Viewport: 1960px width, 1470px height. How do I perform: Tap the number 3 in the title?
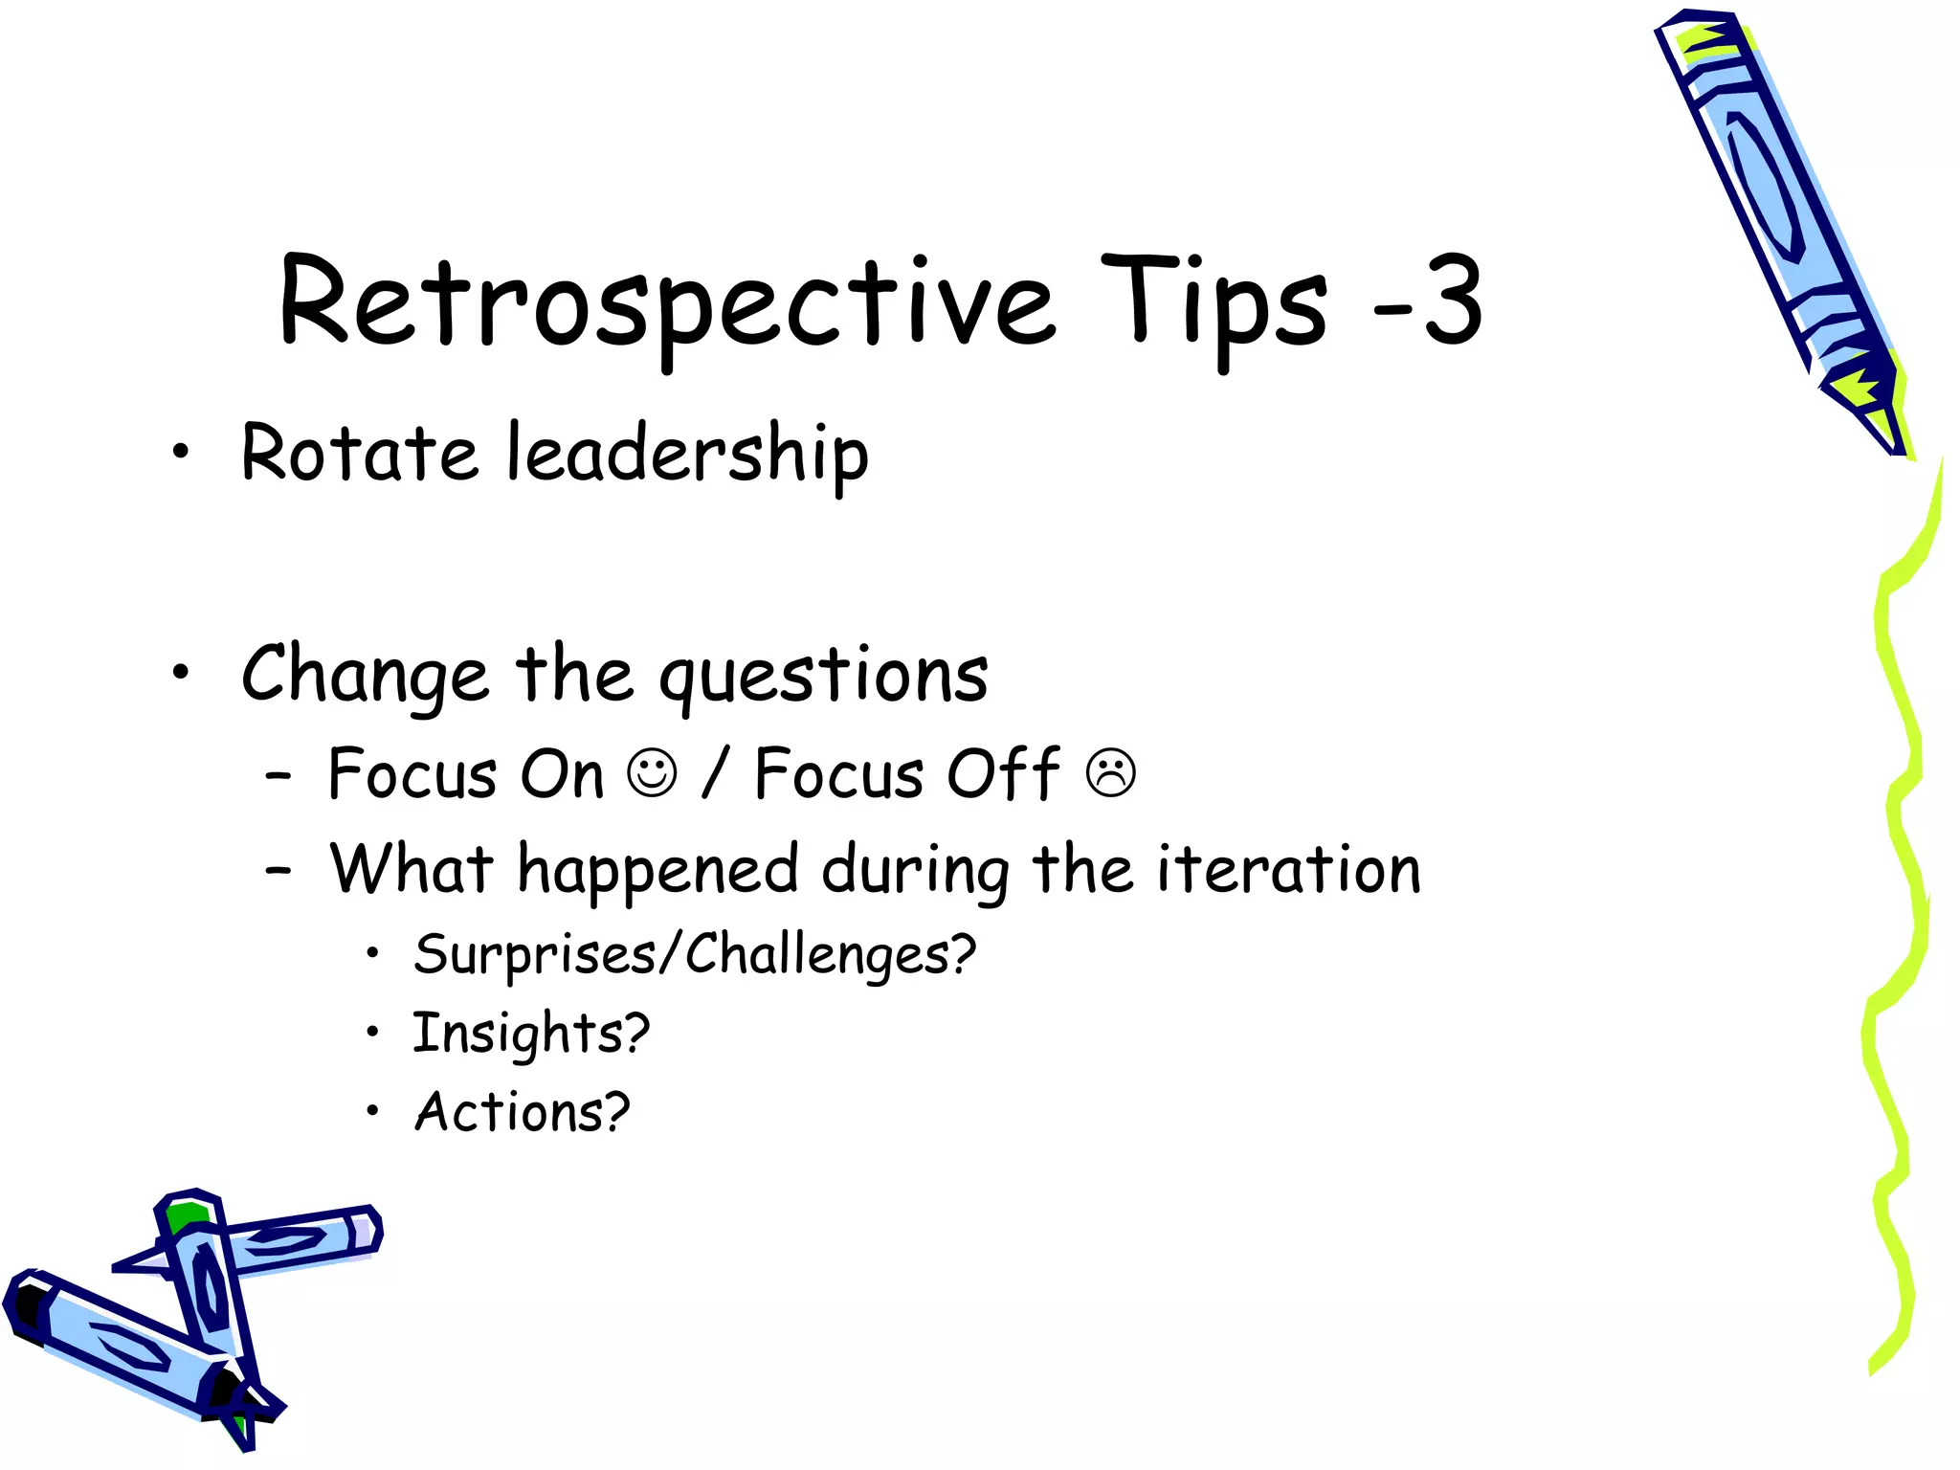tap(1453, 302)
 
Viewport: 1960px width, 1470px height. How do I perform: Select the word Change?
tap(365, 675)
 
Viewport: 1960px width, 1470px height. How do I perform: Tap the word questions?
tap(823, 675)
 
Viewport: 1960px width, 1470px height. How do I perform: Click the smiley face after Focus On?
tap(653, 773)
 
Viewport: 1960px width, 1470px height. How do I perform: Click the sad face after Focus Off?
tap(1111, 773)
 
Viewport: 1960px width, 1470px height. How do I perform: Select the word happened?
tap(657, 871)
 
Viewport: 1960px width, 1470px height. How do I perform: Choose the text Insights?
tap(531, 1034)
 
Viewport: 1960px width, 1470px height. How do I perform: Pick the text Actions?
tap(522, 1112)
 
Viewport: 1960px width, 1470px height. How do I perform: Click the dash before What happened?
tap(278, 871)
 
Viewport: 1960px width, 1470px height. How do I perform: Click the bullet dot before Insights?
tap(373, 1032)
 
